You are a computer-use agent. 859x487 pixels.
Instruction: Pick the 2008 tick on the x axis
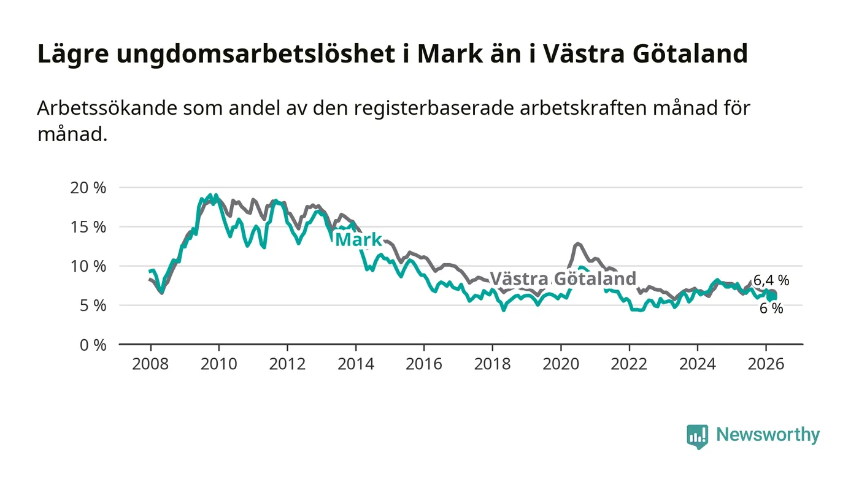(150, 363)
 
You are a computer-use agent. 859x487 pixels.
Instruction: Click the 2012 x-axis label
(287, 363)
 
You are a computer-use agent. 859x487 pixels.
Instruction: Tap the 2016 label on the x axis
(424, 363)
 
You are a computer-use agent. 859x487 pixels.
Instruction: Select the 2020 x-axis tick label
(561, 363)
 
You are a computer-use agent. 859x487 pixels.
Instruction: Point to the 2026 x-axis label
(766, 363)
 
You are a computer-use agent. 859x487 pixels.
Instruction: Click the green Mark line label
(358, 240)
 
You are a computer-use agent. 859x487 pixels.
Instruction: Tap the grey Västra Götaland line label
(563, 278)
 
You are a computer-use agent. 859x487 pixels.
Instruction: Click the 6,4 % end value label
(771, 281)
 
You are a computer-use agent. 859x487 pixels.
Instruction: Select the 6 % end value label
(771, 309)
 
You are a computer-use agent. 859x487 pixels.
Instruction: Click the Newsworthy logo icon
(697, 436)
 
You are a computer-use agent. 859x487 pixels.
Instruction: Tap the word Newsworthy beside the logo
(768, 435)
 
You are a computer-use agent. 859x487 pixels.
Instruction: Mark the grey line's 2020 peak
(577, 243)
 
